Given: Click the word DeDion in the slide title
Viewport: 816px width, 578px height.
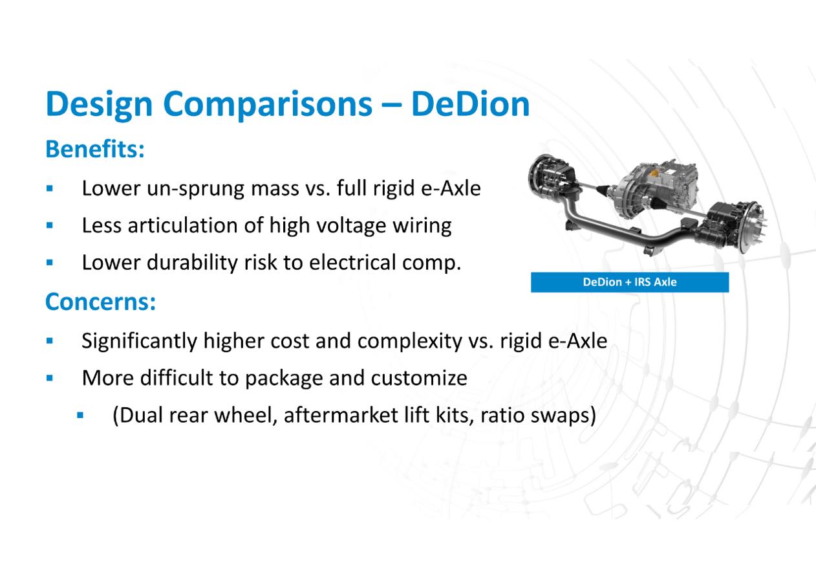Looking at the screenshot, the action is (470, 104).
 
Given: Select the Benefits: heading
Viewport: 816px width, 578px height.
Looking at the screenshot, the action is (95, 149).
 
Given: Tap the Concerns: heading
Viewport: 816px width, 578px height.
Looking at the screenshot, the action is (100, 302).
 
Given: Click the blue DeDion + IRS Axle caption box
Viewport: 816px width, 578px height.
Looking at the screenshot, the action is (630, 282).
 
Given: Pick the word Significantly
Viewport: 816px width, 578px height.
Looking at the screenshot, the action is (140, 342).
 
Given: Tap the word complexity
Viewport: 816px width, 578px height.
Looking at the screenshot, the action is (409, 342).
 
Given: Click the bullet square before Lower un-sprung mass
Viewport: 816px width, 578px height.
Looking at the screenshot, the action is (50, 188).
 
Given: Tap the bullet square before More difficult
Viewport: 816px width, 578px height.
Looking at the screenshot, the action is (50, 378).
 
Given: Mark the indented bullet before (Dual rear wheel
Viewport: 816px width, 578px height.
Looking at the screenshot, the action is (81, 415).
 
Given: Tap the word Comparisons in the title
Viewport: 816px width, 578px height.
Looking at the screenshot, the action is (268, 105).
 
